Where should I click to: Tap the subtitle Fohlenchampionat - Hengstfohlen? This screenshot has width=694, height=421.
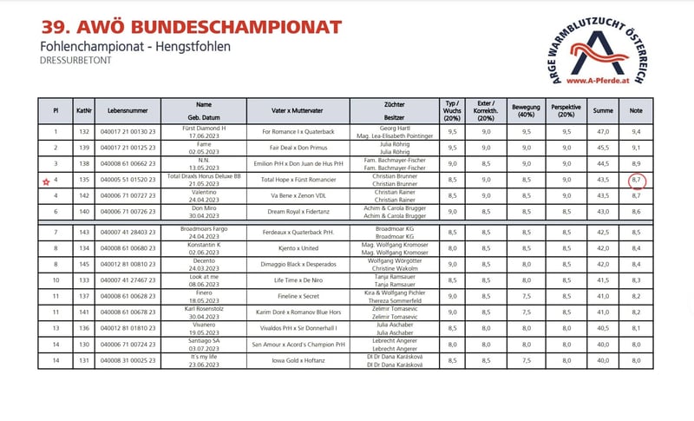(135, 46)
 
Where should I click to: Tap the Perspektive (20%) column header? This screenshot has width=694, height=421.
(566, 111)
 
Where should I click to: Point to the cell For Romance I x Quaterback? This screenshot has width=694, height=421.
(298, 131)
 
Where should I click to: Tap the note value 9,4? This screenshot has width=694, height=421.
(637, 131)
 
